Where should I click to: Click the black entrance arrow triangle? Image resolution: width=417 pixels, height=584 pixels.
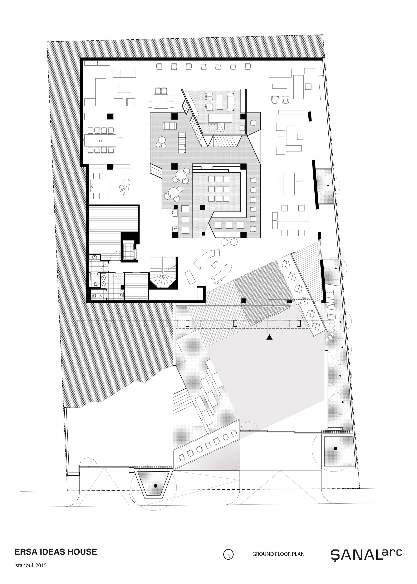[269, 337]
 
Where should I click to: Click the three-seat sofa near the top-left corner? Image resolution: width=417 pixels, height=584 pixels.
[124, 74]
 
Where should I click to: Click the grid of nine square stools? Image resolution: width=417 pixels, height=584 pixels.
[219, 189]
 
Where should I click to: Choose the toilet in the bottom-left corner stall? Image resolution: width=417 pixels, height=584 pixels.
[94, 296]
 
